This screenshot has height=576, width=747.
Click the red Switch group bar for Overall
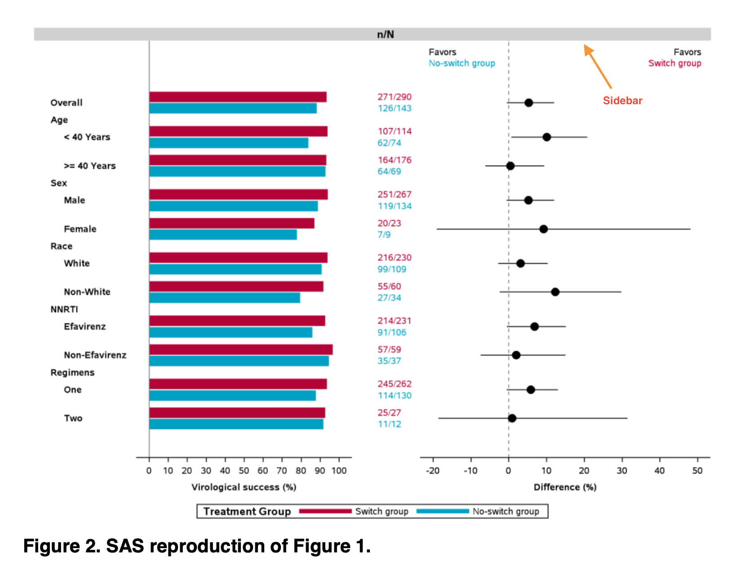(x=238, y=97)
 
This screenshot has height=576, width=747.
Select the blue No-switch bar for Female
(x=223, y=235)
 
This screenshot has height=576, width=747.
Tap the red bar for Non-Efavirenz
(x=241, y=350)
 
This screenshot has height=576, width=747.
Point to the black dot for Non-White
(x=555, y=292)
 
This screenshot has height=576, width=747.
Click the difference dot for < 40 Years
(x=547, y=137)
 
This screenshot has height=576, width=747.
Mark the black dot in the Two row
(x=512, y=418)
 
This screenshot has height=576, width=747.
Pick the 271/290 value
(x=394, y=97)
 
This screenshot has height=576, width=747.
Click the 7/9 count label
(x=384, y=235)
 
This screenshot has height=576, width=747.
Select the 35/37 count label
(x=389, y=361)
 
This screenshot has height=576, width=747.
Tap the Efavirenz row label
(x=85, y=327)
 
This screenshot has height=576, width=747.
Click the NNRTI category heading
(x=64, y=310)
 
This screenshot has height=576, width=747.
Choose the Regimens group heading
(x=72, y=372)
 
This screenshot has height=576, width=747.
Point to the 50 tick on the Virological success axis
(x=244, y=470)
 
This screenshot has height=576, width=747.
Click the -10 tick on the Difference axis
(x=471, y=470)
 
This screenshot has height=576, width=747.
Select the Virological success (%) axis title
(x=244, y=487)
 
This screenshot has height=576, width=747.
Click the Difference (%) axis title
(x=565, y=487)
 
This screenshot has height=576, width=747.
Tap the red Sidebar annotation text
(x=622, y=101)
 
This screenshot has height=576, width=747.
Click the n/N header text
(x=385, y=35)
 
